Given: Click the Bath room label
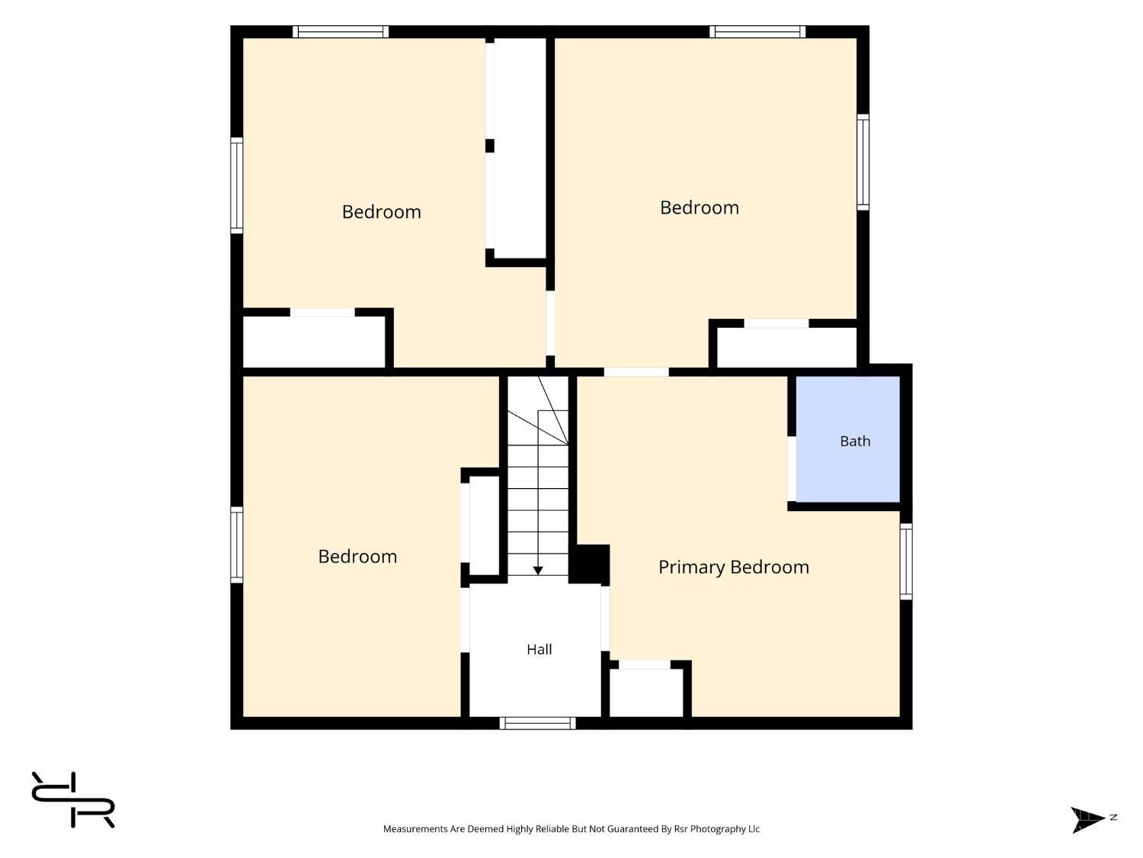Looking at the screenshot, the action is click(x=854, y=442).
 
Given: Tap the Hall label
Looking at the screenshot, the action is click(x=539, y=649).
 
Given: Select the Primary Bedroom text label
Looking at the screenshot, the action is click(x=733, y=567).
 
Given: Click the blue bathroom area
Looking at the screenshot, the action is click(x=847, y=439).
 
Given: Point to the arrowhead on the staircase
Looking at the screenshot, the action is click(x=538, y=570).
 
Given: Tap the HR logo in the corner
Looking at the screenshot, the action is click(x=73, y=799).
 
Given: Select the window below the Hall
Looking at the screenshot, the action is click(x=537, y=723).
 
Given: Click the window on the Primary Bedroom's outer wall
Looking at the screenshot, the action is click(x=906, y=561).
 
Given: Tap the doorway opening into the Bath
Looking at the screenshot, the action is click(x=792, y=469).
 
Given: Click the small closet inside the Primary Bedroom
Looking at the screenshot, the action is click(x=645, y=693).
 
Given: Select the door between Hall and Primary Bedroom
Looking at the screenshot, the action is click(x=605, y=619).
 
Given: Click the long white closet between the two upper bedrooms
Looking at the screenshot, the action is click(x=520, y=148).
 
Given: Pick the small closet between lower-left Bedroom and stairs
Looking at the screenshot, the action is click(x=485, y=525).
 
